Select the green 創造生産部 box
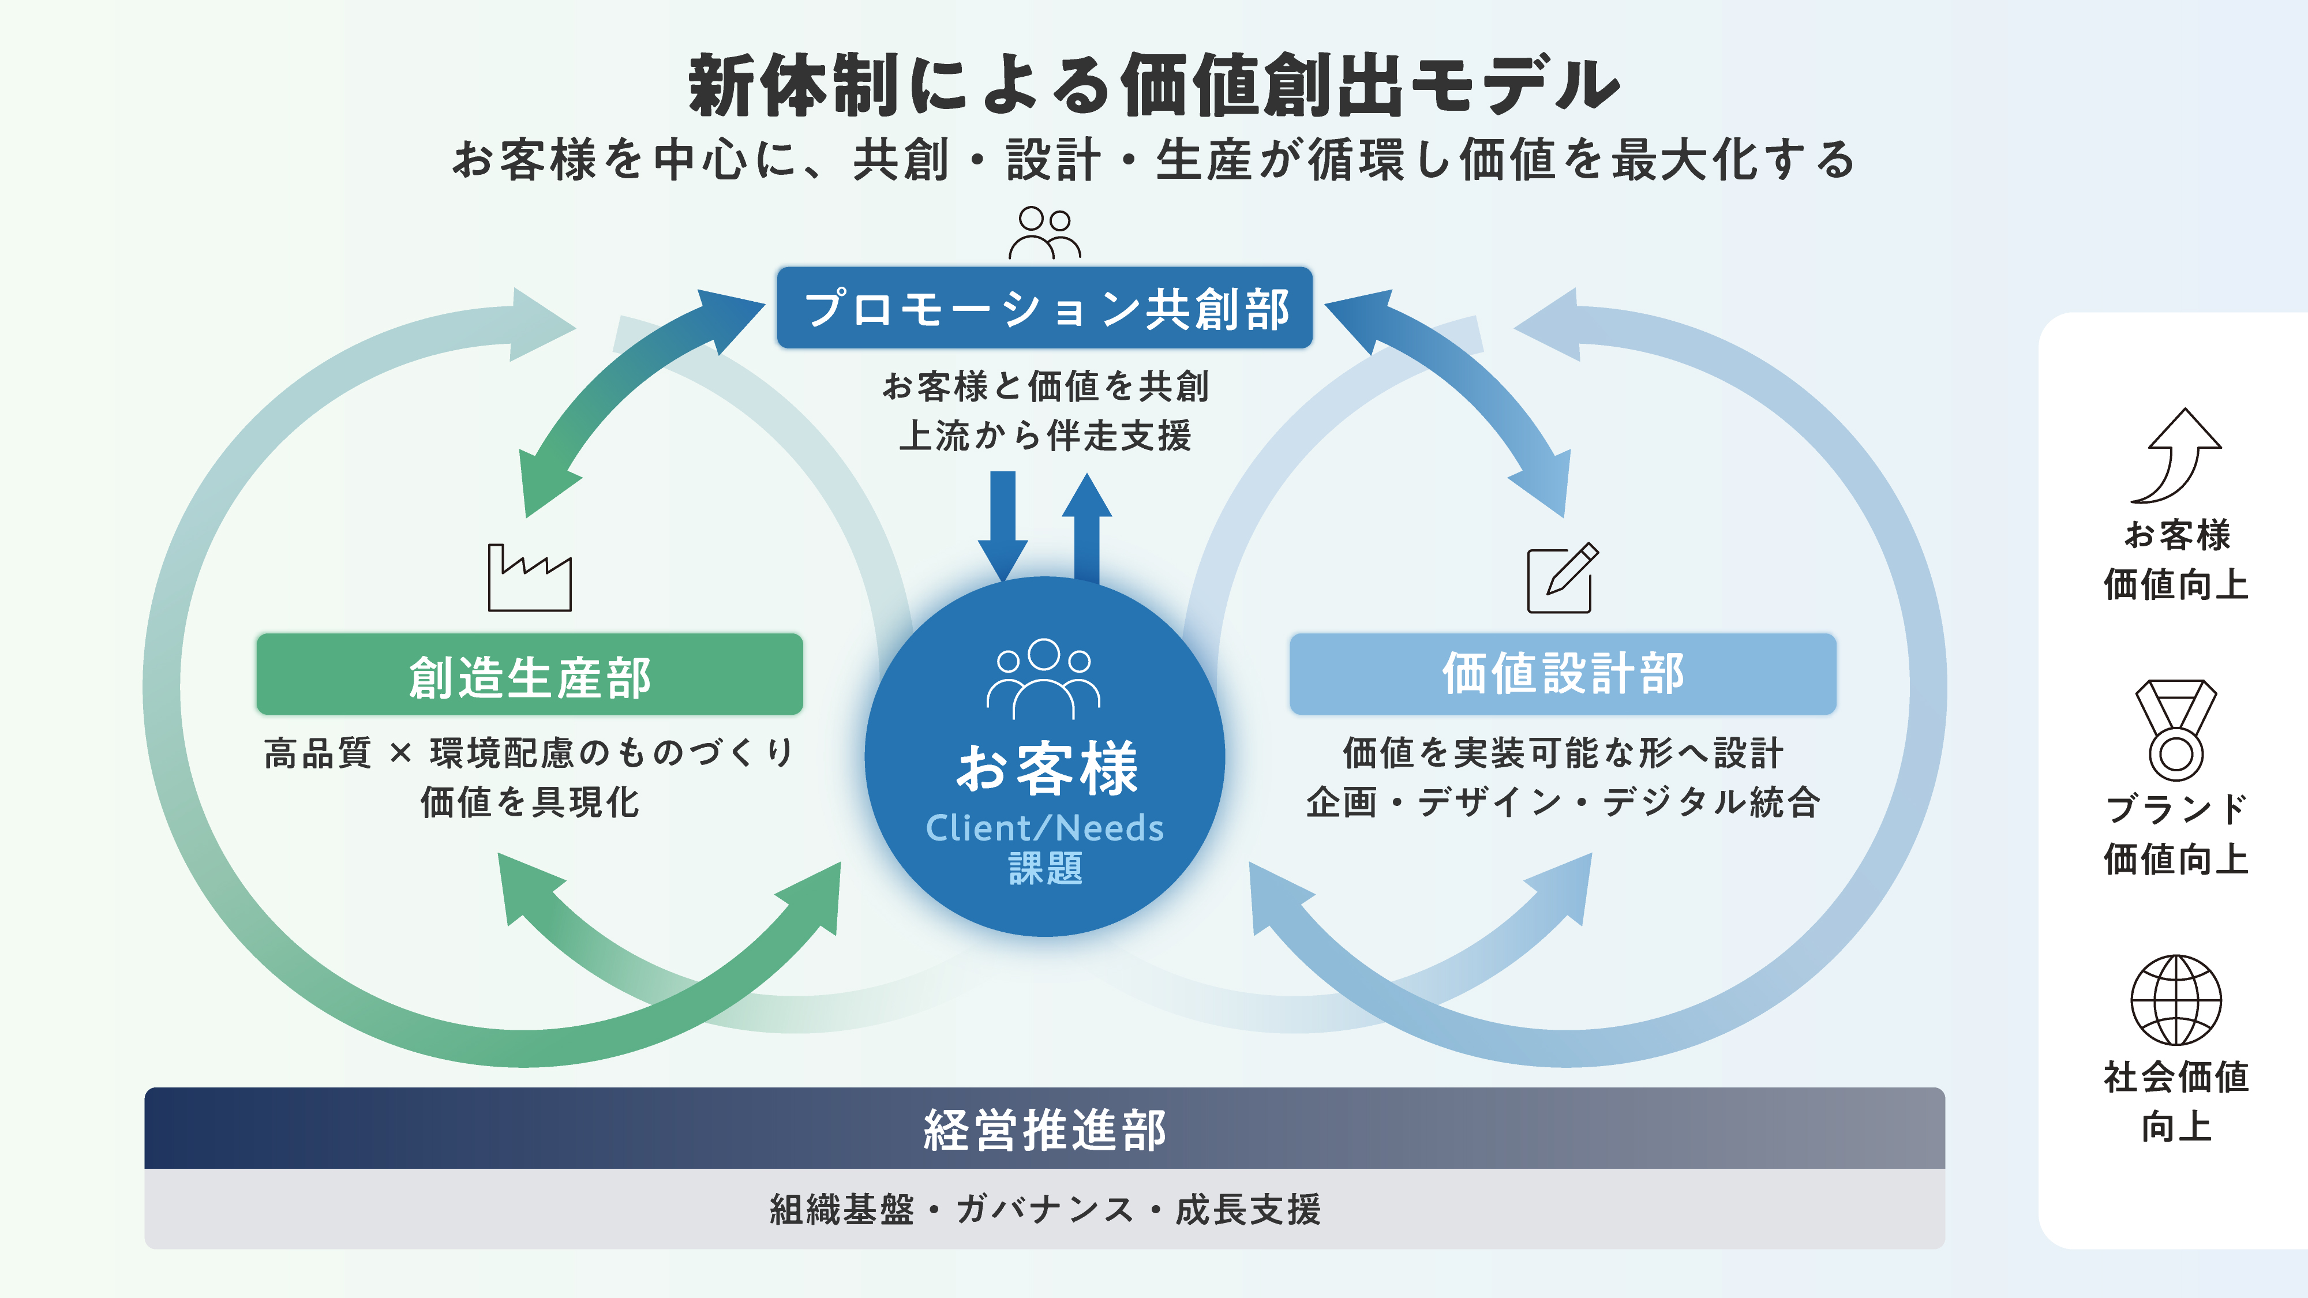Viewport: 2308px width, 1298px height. click(x=530, y=674)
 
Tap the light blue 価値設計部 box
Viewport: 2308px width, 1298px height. click(x=1563, y=674)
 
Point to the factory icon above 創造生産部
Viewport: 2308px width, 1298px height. click(x=530, y=578)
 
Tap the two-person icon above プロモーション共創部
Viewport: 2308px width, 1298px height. click(x=1045, y=233)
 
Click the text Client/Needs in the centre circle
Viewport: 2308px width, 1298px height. click(x=1045, y=828)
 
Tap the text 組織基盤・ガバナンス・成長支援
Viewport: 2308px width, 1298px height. click(x=1045, y=1209)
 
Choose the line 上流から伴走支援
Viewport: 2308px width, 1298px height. click(x=1045, y=436)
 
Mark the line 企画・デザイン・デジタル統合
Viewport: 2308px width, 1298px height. click(x=1563, y=802)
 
